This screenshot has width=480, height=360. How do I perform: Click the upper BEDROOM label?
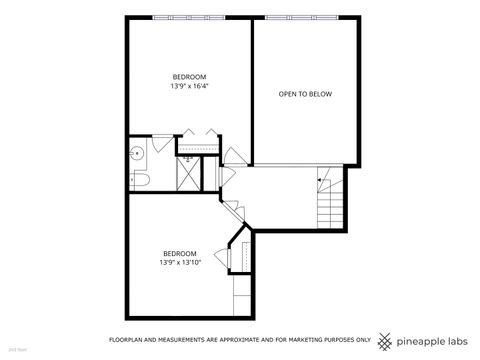coord(189,77)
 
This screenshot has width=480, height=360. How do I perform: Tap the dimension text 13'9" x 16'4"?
coord(189,86)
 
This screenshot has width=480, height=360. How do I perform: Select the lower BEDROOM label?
coord(180,253)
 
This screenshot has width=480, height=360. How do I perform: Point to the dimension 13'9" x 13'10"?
coord(180,262)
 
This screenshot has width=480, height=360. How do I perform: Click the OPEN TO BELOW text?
coord(305,94)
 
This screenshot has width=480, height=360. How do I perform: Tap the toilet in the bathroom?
coord(141,178)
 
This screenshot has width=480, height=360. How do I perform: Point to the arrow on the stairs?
coord(321,180)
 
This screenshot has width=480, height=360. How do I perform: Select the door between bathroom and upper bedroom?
coord(164,146)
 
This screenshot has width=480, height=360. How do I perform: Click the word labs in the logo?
coord(456,339)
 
